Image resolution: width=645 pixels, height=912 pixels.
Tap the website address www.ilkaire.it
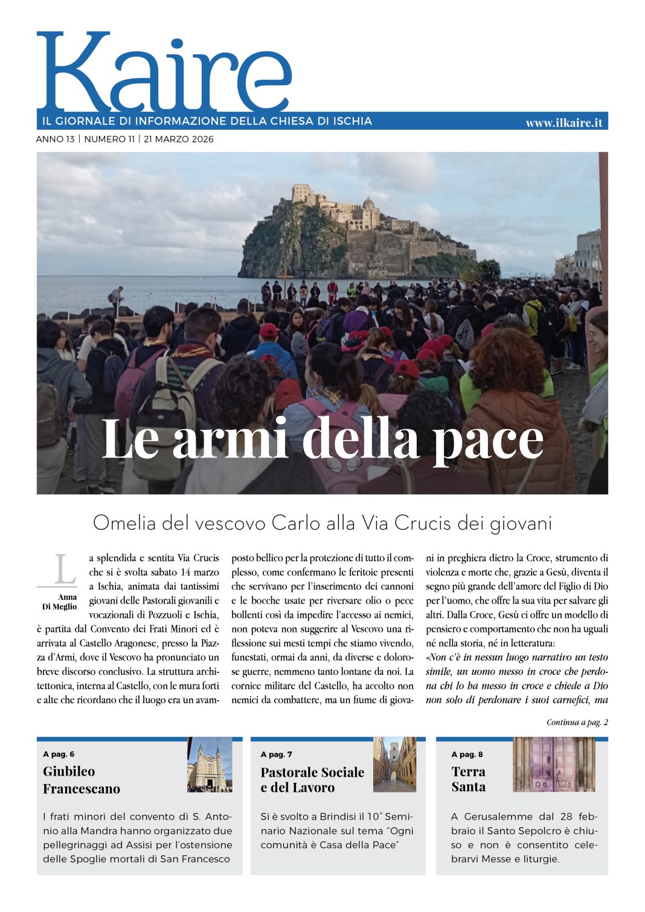click(563, 123)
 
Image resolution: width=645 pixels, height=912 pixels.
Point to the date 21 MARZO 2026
click(179, 139)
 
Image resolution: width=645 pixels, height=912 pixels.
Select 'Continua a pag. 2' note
click(577, 722)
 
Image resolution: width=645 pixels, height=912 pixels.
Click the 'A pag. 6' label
click(59, 754)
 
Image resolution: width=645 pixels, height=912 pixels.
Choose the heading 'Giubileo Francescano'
click(81, 780)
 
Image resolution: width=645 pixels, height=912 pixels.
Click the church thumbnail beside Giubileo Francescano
click(210, 765)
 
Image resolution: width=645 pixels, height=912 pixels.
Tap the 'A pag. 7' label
click(276, 754)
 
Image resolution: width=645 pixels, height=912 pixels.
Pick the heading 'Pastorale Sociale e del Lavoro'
click(312, 780)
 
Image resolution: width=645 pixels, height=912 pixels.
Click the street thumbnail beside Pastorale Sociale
click(394, 765)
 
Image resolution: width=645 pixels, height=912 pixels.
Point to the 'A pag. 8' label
click(467, 754)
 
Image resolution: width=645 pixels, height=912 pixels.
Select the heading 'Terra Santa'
click(468, 779)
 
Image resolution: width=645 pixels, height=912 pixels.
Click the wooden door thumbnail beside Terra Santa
click(554, 764)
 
